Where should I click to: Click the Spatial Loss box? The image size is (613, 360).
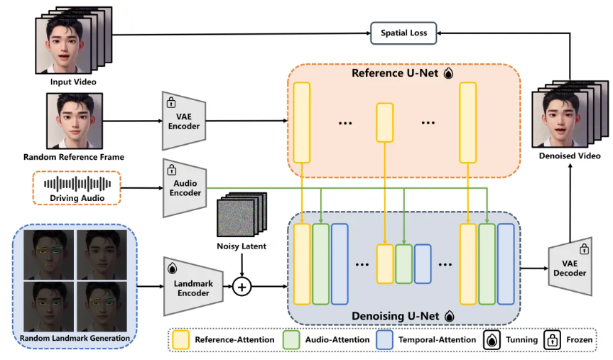click(x=403, y=33)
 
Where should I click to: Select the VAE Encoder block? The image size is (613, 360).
click(x=184, y=121)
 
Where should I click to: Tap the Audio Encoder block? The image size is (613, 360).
click(x=185, y=188)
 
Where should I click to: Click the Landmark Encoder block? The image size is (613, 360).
click(x=193, y=287)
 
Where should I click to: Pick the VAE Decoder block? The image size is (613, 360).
click(x=570, y=266)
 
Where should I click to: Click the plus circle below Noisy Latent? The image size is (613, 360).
click(x=242, y=287)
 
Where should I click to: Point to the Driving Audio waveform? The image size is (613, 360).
click(x=77, y=184)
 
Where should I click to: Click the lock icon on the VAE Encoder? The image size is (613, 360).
click(x=171, y=102)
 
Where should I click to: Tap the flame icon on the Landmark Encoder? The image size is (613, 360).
click(x=172, y=268)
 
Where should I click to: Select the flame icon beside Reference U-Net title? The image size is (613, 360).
click(x=448, y=73)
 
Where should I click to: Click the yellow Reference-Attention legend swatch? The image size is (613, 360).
click(x=180, y=339)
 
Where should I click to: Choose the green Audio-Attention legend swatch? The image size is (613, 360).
click(x=291, y=339)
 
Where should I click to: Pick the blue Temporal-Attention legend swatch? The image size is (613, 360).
click(x=384, y=339)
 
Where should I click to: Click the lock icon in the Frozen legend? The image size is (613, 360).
click(x=553, y=340)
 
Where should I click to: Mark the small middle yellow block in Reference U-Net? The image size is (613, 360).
click(x=385, y=122)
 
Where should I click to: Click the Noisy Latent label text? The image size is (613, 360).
click(x=242, y=246)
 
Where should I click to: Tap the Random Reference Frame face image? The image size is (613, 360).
click(x=75, y=121)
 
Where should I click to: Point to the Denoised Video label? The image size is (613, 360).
click(x=570, y=156)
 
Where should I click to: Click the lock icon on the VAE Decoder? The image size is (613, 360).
click(x=584, y=249)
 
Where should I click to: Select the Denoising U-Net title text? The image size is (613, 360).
click(x=395, y=316)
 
